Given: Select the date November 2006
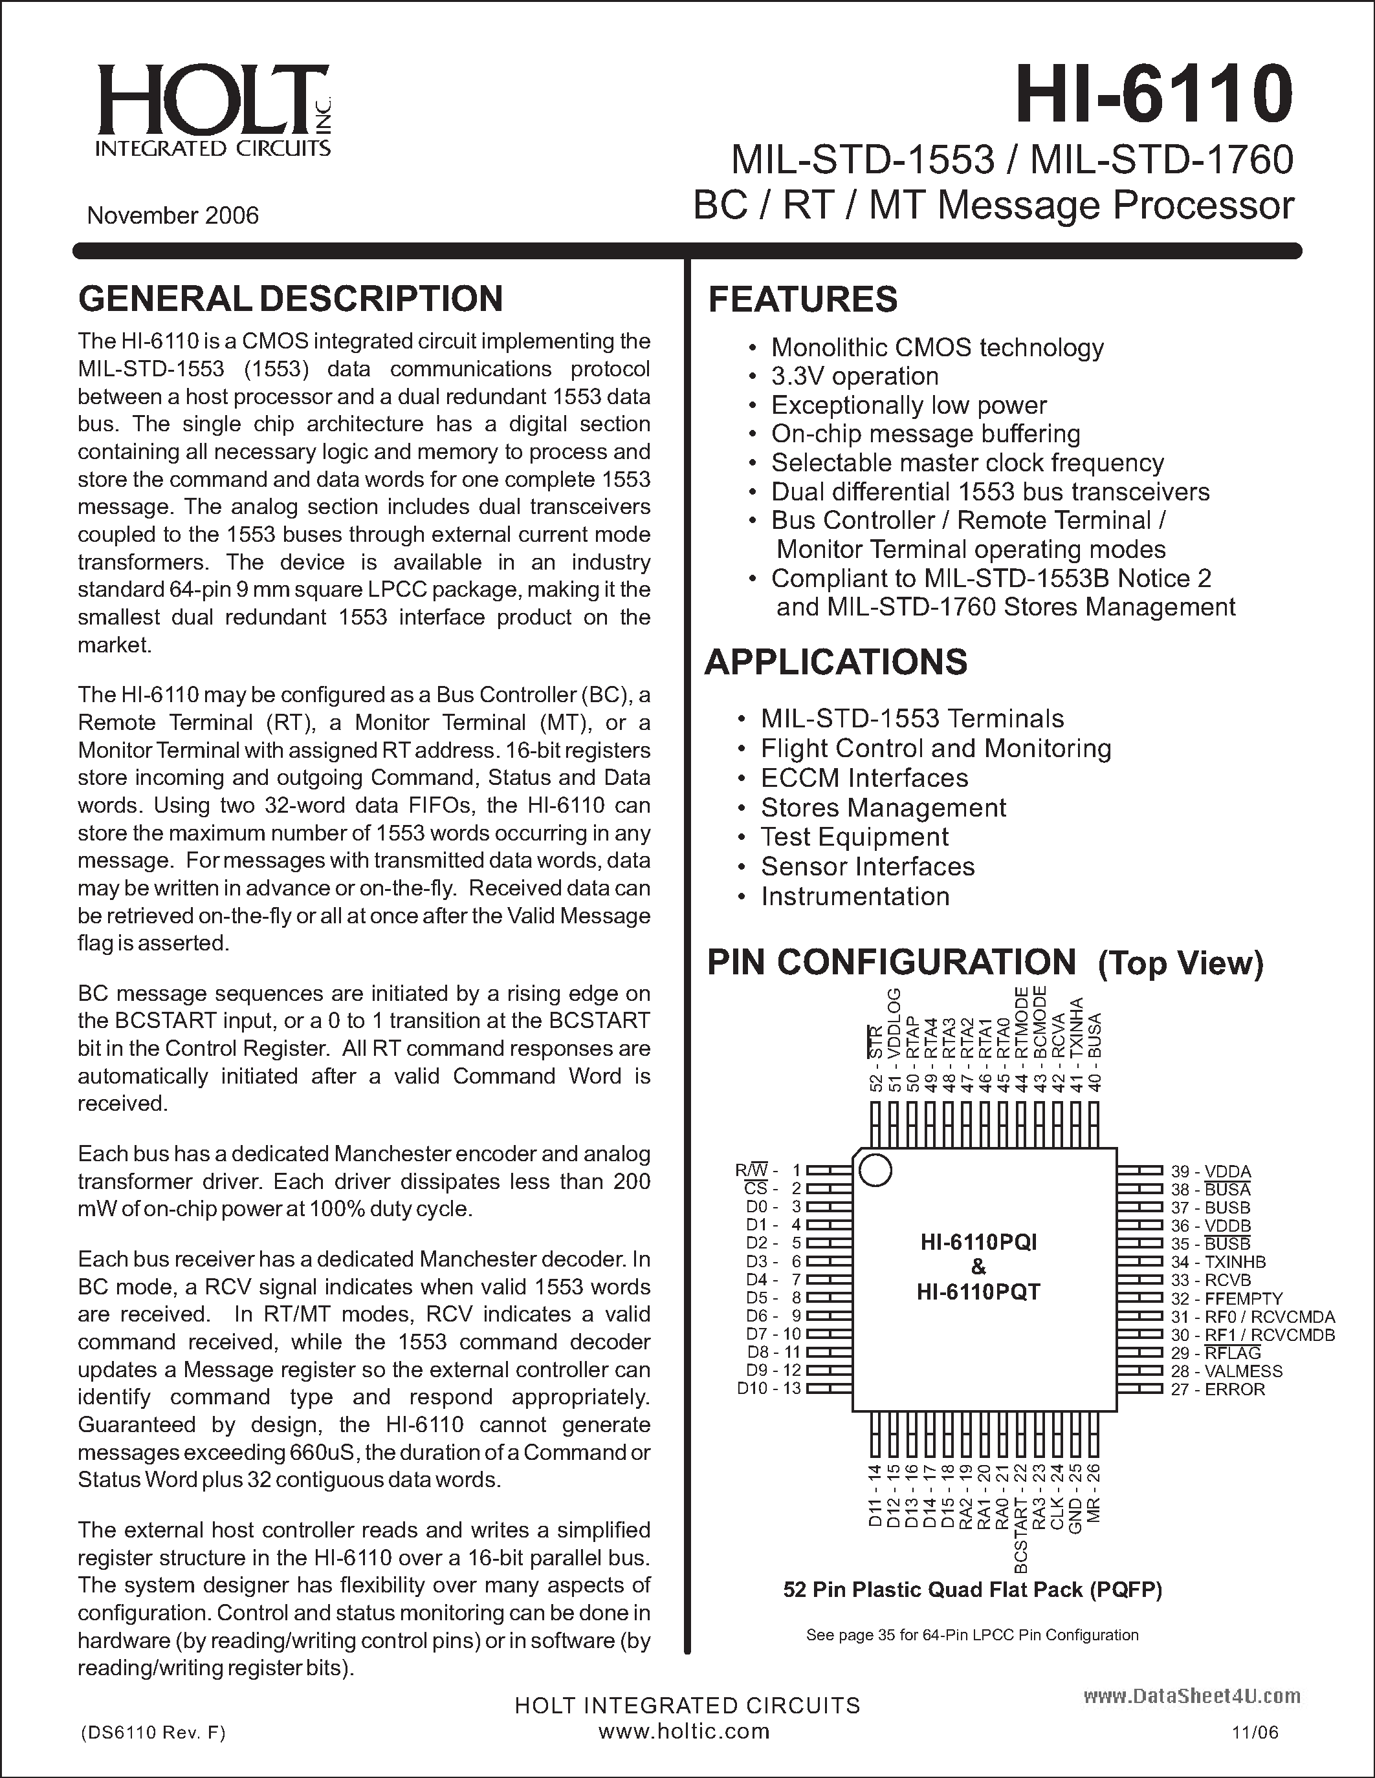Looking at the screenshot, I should coord(173,216).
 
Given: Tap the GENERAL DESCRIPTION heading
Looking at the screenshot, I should coord(290,299).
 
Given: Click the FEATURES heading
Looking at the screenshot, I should coord(802,299).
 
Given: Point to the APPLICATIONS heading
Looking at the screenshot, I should coord(836,662).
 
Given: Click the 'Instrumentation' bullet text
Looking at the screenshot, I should coord(855,896).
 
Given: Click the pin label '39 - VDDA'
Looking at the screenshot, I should coord(1211,1172).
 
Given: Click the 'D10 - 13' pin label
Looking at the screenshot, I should coord(769,1388).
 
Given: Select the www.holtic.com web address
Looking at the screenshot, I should coord(684,1731).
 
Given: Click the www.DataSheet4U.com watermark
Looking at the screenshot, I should coord(1192,1697).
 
